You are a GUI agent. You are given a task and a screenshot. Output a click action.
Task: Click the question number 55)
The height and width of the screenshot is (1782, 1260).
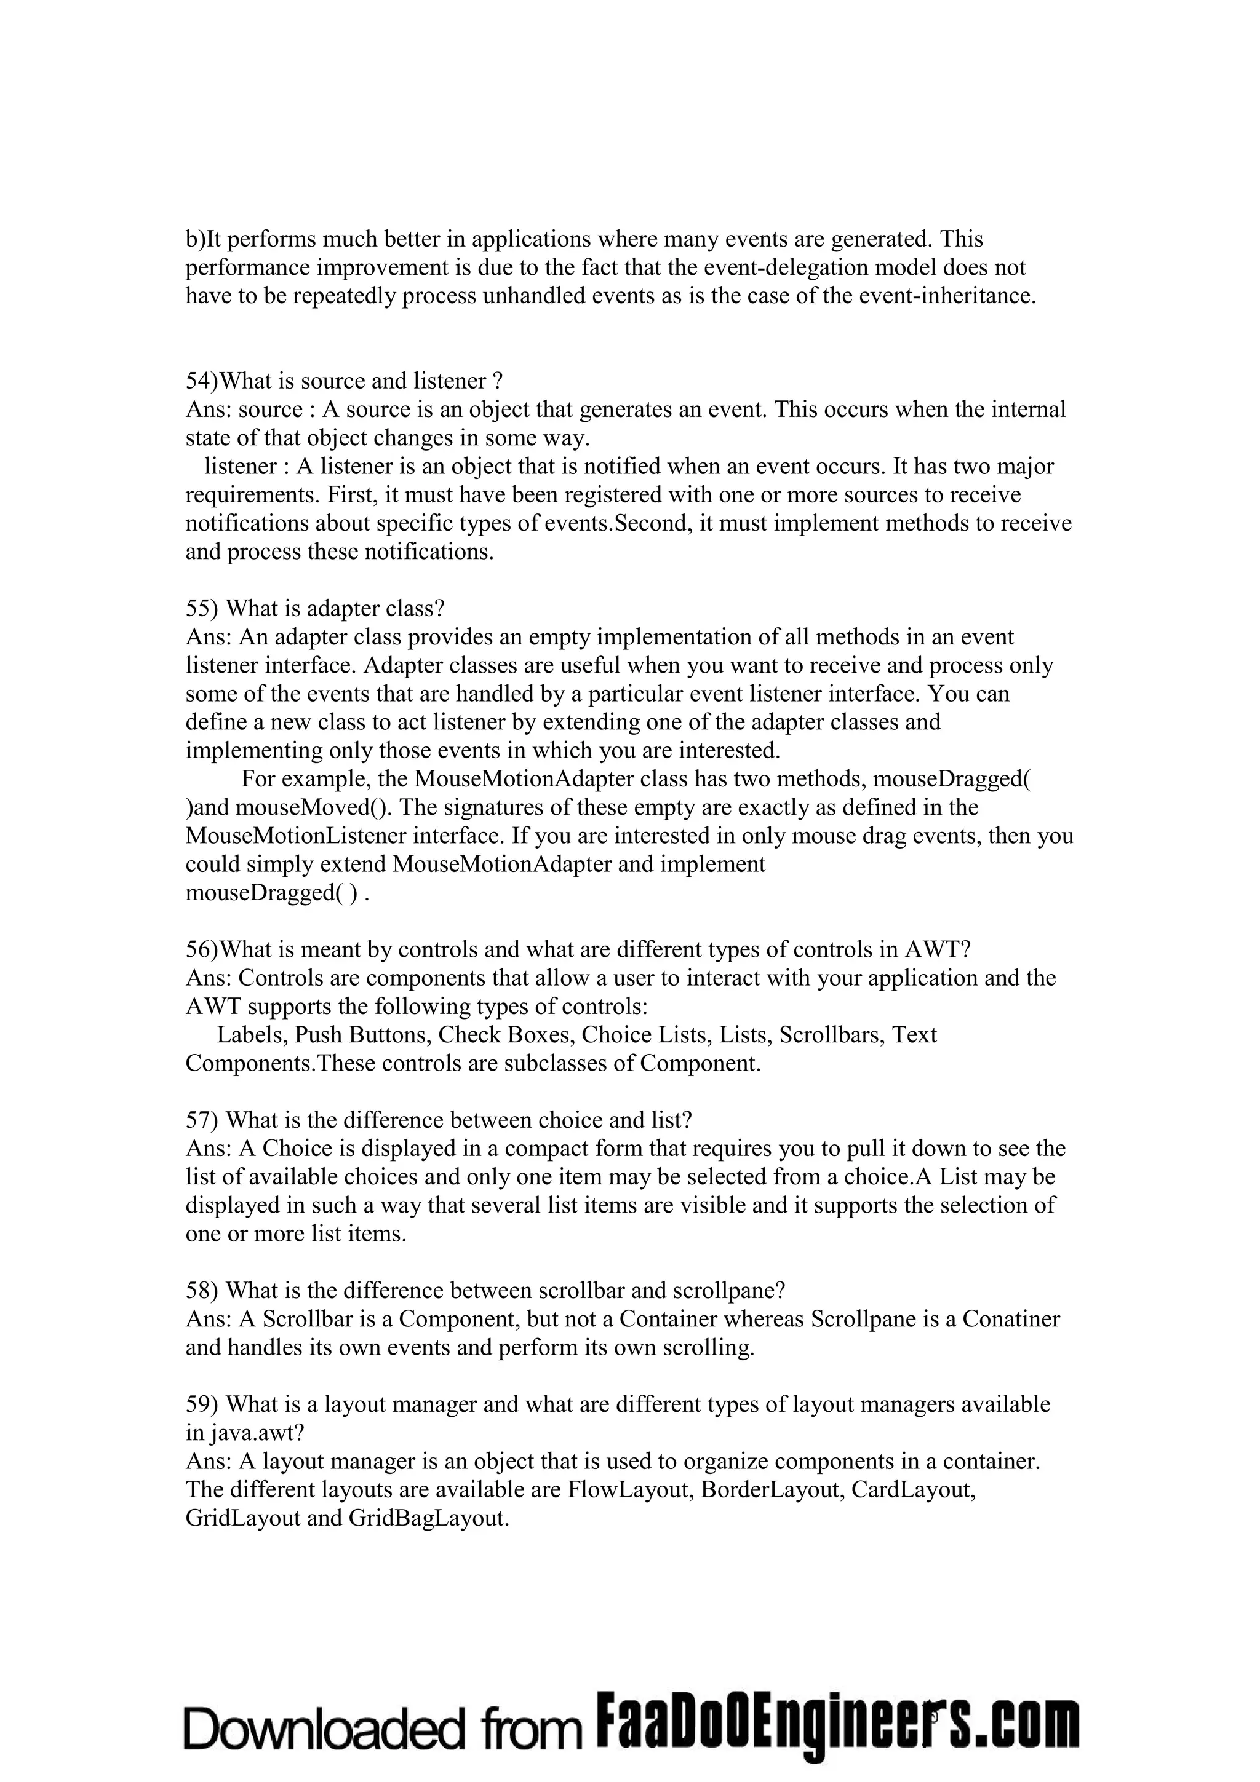pos(202,609)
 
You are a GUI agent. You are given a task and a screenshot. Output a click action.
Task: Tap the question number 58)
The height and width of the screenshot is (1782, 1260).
pos(202,1290)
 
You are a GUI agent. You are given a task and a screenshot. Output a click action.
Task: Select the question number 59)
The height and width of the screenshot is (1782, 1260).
pos(202,1404)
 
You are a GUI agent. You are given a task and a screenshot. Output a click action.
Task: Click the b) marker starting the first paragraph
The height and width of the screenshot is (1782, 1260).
pos(194,239)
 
